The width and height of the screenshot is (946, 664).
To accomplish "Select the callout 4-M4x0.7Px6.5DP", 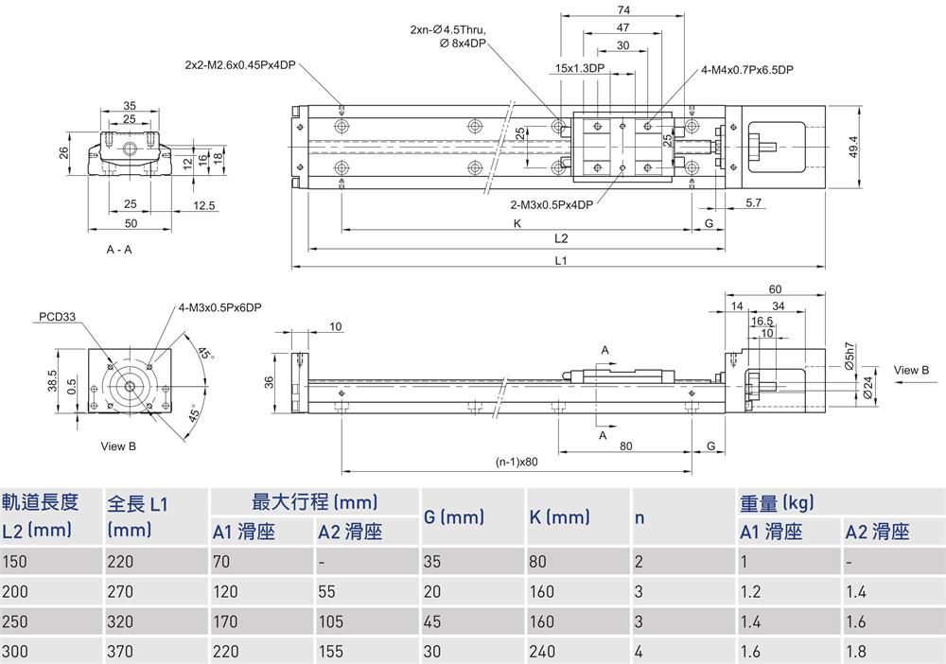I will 747,70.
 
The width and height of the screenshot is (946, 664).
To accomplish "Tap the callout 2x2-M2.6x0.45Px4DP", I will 240,65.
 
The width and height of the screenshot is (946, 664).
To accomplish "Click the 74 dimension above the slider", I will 623,9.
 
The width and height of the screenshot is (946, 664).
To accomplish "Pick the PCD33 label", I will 58,317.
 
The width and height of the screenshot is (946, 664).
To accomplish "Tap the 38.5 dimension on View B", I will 52,379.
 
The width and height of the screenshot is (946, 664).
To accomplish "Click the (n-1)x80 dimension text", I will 516,463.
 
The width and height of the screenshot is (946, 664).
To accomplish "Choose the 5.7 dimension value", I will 754,203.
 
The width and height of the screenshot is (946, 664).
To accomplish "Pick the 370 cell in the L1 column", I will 120,652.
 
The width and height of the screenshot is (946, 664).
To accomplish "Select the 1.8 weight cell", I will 855,652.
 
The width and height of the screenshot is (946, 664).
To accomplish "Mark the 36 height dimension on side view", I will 270,382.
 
